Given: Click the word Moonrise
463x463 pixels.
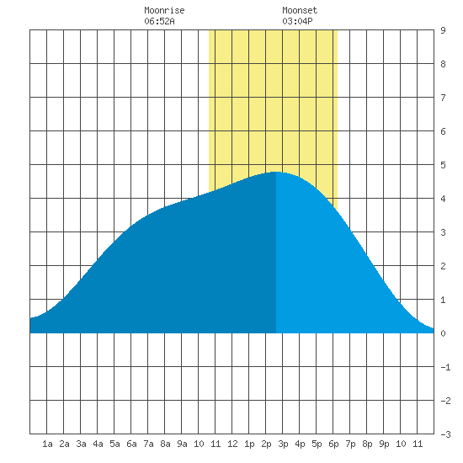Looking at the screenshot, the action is (164, 10).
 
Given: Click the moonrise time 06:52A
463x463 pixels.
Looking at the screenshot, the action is (159, 21).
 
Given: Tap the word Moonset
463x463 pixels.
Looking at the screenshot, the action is (300, 10).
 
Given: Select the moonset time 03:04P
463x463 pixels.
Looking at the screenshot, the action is (297, 21).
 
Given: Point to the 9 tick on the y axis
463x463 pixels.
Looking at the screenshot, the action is (443, 30).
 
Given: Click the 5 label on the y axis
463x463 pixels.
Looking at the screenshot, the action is (443, 165).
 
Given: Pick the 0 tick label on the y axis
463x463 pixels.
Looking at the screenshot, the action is (443, 333).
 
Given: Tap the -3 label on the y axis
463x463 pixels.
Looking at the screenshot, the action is (445, 434).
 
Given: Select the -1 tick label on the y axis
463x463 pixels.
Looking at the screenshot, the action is (445, 367).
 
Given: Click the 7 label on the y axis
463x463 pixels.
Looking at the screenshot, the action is (443, 98).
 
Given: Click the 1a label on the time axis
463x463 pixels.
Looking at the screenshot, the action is (47, 444).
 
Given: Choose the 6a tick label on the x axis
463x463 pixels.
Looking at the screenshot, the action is (131, 444).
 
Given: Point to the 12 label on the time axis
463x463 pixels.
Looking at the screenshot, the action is (232, 444).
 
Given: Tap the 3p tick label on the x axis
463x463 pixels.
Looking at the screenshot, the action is (283, 444).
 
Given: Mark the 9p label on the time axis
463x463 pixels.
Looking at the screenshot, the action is (384, 444).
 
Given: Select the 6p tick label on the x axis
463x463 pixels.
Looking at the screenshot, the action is (333, 444).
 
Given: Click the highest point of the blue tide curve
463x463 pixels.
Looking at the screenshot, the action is (276, 172).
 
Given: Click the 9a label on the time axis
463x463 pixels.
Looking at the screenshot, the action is (182, 444).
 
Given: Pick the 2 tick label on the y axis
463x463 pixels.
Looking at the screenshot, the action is (443, 266).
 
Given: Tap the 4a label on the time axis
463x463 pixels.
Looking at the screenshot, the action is (98, 444).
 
